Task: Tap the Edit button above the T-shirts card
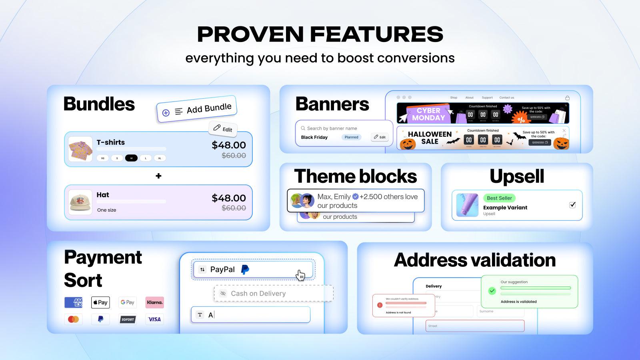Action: (223, 128)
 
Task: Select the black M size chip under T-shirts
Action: (131, 158)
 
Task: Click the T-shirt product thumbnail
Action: (80, 149)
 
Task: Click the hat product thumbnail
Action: (80, 202)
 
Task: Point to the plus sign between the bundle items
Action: (158, 176)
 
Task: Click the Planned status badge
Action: (351, 137)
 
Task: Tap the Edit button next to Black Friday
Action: (380, 137)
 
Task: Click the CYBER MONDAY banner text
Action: (428, 114)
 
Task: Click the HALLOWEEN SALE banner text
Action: (430, 138)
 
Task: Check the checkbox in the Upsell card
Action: (572, 205)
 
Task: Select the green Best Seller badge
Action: (499, 198)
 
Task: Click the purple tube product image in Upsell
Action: (467, 205)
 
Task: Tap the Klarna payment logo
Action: (154, 302)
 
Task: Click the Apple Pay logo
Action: (100, 302)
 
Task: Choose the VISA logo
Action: (154, 319)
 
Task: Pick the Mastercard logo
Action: (73, 319)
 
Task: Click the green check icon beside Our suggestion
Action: (492, 291)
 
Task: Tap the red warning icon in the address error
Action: (380, 305)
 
